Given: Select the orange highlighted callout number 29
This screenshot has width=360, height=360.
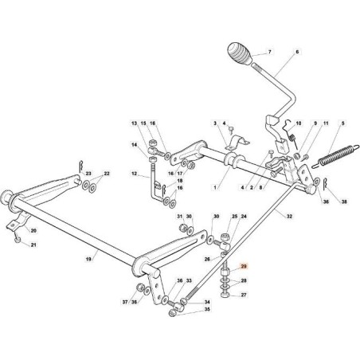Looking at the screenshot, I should [244, 272].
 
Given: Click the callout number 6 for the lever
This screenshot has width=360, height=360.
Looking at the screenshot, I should [298, 52].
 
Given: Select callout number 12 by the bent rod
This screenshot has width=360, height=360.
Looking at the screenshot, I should [135, 174].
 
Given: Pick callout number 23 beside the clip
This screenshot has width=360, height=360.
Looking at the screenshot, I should [89, 173].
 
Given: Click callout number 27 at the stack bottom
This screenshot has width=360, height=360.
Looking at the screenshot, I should [244, 295].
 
